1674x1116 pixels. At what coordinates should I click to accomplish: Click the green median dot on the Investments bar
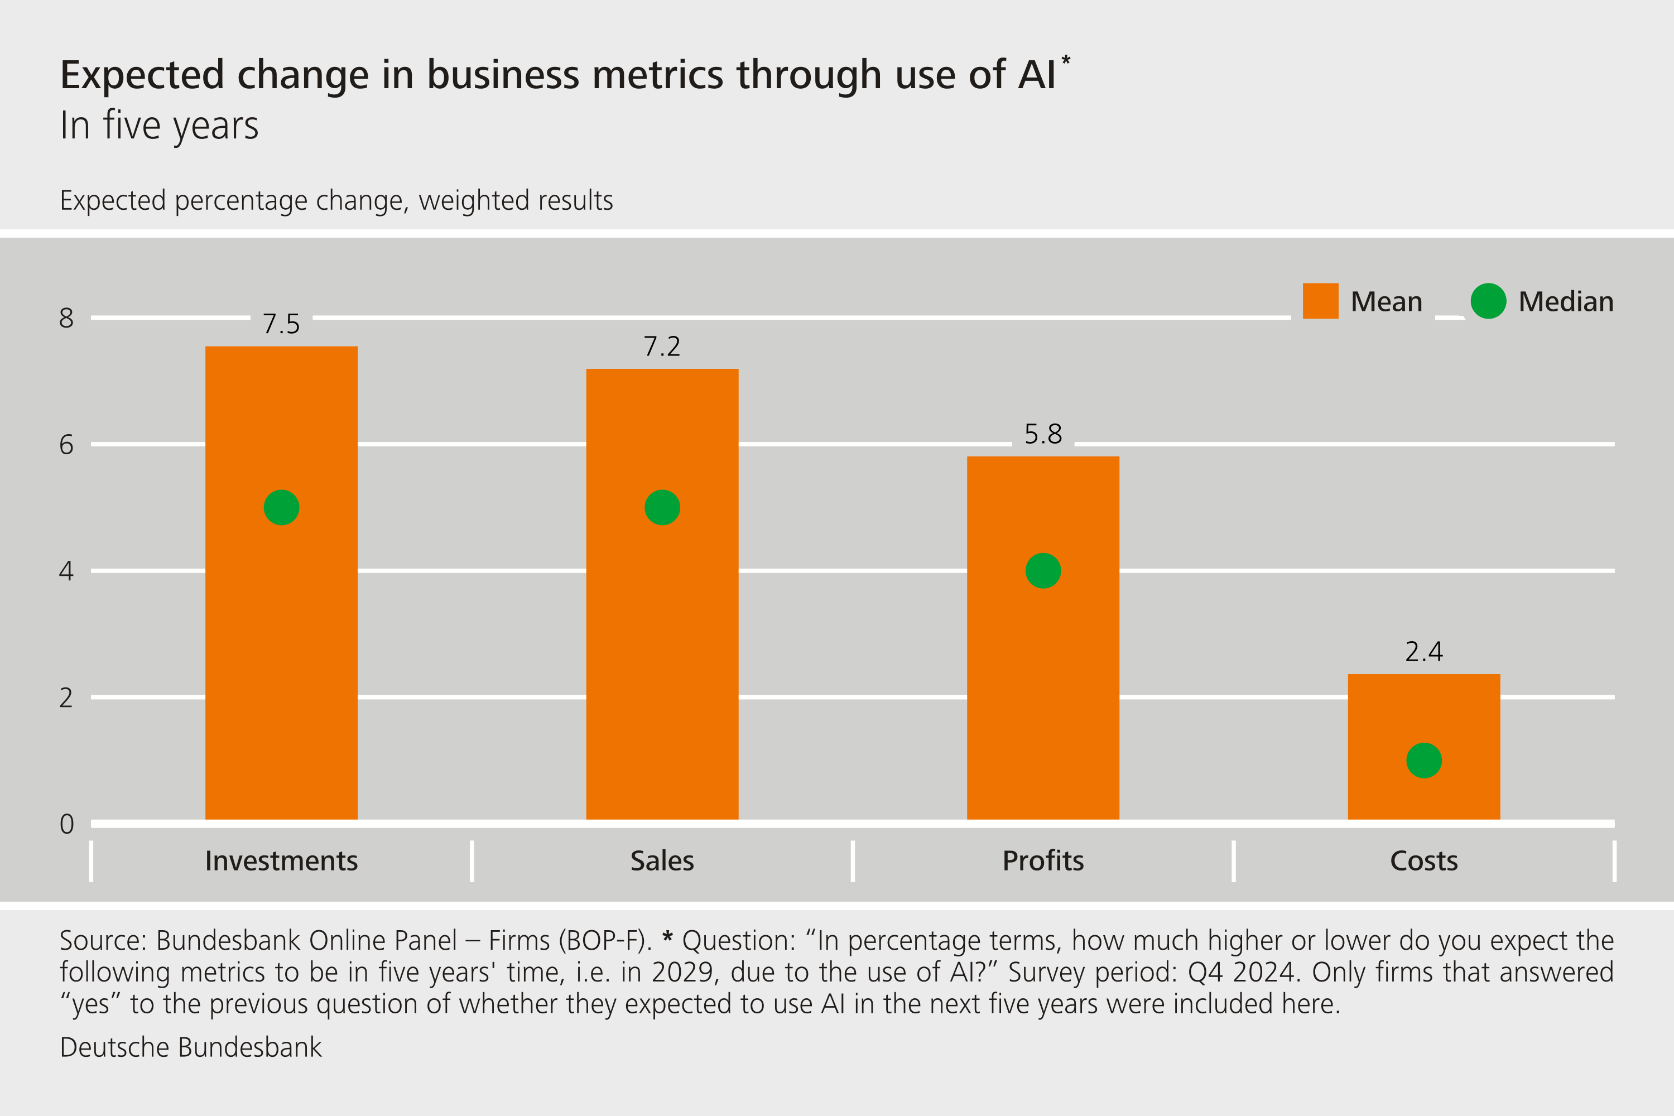click(x=281, y=507)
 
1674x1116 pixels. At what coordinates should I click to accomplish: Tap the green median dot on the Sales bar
click(x=662, y=507)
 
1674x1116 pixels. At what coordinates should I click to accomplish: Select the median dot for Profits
click(x=1043, y=571)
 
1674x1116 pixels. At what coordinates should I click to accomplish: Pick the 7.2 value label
click(x=662, y=347)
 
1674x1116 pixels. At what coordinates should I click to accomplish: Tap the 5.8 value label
click(x=1043, y=434)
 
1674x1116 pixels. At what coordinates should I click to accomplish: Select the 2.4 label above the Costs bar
click(x=1423, y=652)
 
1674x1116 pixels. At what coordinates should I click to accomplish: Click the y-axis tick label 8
click(x=66, y=318)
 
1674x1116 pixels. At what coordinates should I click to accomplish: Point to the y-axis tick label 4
click(x=66, y=571)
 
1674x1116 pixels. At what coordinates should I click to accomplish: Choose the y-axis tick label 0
click(x=66, y=824)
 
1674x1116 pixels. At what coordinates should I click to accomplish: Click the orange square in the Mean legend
click(x=1320, y=301)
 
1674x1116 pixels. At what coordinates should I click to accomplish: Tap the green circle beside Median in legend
click(x=1488, y=301)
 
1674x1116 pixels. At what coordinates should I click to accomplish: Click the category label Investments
click(x=281, y=861)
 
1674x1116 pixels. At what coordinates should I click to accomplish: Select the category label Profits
click(x=1043, y=861)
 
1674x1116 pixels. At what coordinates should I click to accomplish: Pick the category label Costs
click(x=1423, y=861)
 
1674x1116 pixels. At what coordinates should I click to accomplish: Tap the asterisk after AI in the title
click(x=1065, y=60)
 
